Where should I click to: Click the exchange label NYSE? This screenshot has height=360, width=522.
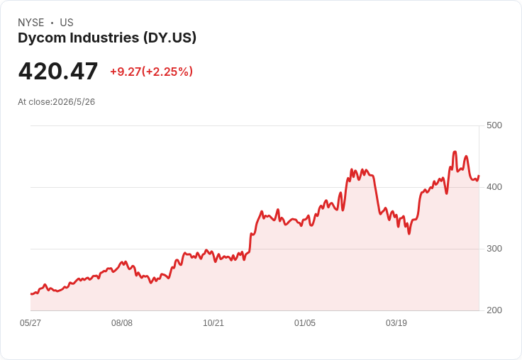31,23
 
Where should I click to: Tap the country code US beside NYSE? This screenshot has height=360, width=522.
67,23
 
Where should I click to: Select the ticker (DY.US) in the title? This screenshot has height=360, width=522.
170,38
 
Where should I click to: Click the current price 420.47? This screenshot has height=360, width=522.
58,71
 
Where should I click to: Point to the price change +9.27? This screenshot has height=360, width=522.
126,72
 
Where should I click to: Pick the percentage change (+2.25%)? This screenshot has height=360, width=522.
167,72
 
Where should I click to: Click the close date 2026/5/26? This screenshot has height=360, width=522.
74,102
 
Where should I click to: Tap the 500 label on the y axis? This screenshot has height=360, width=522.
494,125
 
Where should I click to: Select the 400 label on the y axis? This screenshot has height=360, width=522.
494,187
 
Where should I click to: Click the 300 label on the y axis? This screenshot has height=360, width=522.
494,249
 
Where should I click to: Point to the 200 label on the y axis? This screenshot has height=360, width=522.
494,310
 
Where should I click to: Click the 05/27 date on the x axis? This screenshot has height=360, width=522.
30,323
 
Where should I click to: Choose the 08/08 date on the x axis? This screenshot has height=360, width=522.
122,323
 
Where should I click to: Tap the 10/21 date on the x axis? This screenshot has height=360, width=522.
213,323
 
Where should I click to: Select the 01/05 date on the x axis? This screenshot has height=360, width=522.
304,323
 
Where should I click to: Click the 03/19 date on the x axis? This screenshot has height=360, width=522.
396,323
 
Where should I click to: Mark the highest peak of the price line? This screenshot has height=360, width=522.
455,152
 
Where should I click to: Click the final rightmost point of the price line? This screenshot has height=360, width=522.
479,176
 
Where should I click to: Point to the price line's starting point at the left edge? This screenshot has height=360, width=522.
31,294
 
